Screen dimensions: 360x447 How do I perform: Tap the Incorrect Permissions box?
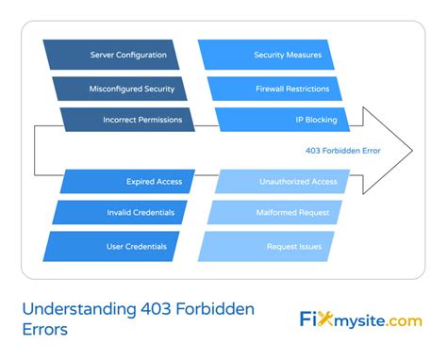(x=128, y=121)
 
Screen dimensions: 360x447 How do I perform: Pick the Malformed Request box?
(x=273, y=213)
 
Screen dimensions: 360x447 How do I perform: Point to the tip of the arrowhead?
(x=411, y=150)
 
